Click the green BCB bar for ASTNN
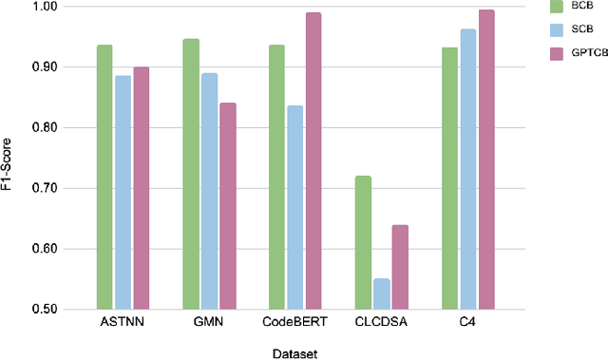(104, 177)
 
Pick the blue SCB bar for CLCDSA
(381, 294)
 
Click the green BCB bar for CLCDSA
(363, 242)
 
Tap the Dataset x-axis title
(295, 353)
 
